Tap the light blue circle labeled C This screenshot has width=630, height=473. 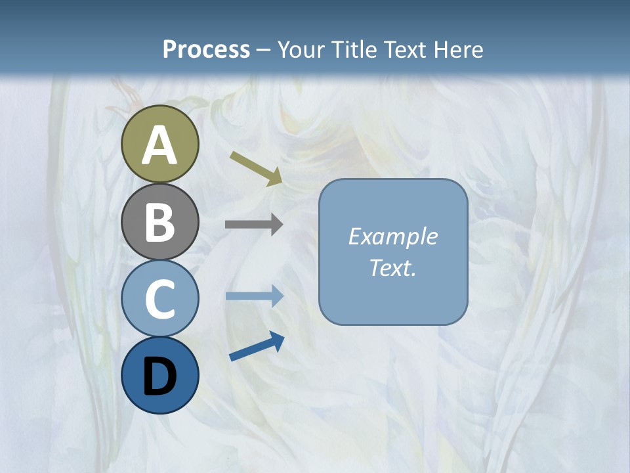(159, 298)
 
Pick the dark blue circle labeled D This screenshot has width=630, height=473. (159, 375)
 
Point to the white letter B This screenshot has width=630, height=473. (159, 222)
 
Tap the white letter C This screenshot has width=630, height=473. (159, 299)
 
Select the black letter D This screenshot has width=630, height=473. (159, 377)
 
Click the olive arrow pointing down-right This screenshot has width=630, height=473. (257, 168)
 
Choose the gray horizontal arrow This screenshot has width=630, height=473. (254, 225)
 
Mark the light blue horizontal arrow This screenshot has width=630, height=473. (254, 296)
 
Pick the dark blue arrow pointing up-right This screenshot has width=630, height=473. (257, 346)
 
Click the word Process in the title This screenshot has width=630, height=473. (206, 49)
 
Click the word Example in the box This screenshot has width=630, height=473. (392, 236)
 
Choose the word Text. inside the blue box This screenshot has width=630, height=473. (392, 267)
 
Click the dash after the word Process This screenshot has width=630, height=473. (264, 50)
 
